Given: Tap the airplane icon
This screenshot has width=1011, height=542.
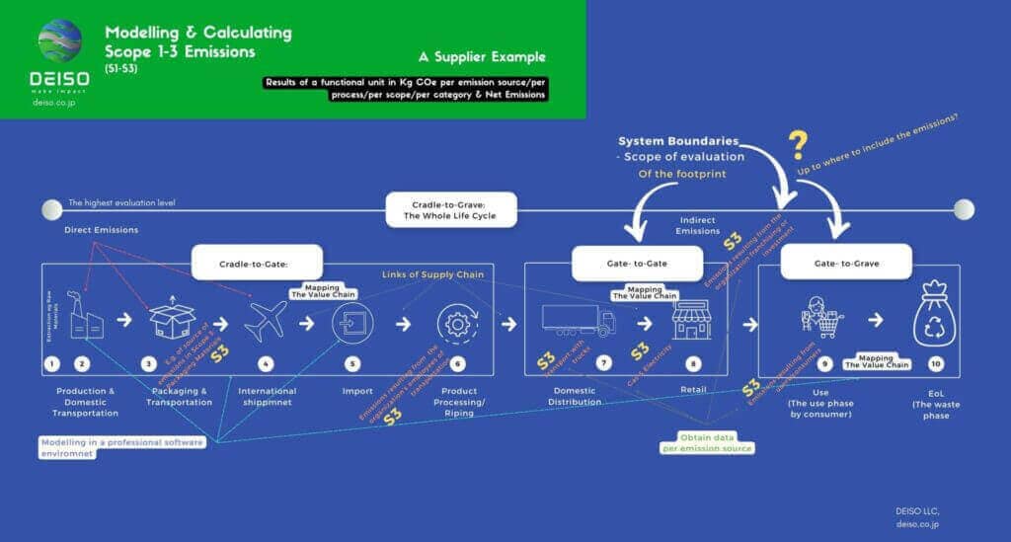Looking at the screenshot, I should tap(265, 321).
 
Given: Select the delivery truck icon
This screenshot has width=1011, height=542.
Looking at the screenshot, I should tap(579, 320).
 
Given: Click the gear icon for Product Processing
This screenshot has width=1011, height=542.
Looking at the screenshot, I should tap(456, 321).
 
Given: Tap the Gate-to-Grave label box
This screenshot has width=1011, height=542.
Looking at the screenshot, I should tap(844, 264).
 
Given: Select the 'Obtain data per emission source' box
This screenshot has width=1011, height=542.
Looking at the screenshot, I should tap(707, 443).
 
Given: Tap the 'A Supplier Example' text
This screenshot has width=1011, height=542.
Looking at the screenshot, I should tap(481, 56).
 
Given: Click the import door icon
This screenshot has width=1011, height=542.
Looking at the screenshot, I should tap(352, 321).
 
